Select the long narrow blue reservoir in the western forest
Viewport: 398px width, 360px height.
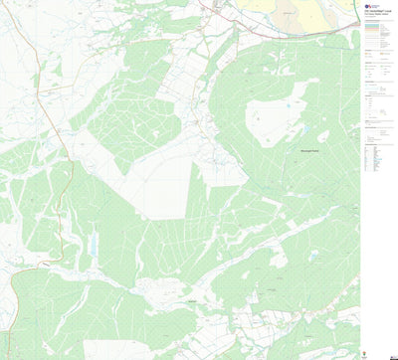coord(93,241)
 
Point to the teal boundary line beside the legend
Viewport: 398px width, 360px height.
coord(359,60)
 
